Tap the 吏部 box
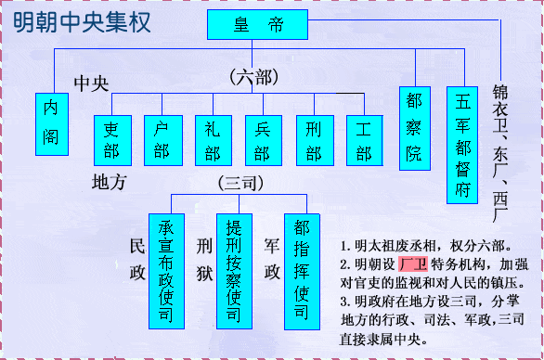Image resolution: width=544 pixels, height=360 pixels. (x=111, y=139)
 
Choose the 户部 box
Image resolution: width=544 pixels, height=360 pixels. (x=162, y=139)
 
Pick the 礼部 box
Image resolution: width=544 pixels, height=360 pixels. (x=212, y=139)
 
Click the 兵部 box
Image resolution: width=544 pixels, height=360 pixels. (x=262, y=139)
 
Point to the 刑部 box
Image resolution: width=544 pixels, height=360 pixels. (x=313, y=139)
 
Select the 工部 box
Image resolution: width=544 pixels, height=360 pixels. (x=363, y=139)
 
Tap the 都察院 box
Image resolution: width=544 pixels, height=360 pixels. (x=414, y=128)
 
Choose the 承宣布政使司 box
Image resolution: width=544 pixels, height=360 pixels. (x=166, y=269)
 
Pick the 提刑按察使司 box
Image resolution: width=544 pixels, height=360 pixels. (x=234, y=269)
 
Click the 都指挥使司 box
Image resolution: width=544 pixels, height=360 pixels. (x=301, y=269)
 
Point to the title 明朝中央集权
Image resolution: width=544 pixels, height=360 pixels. (x=83, y=22)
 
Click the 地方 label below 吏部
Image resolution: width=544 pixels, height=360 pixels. (x=110, y=183)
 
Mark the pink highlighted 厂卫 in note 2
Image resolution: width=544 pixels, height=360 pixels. (x=413, y=264)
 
